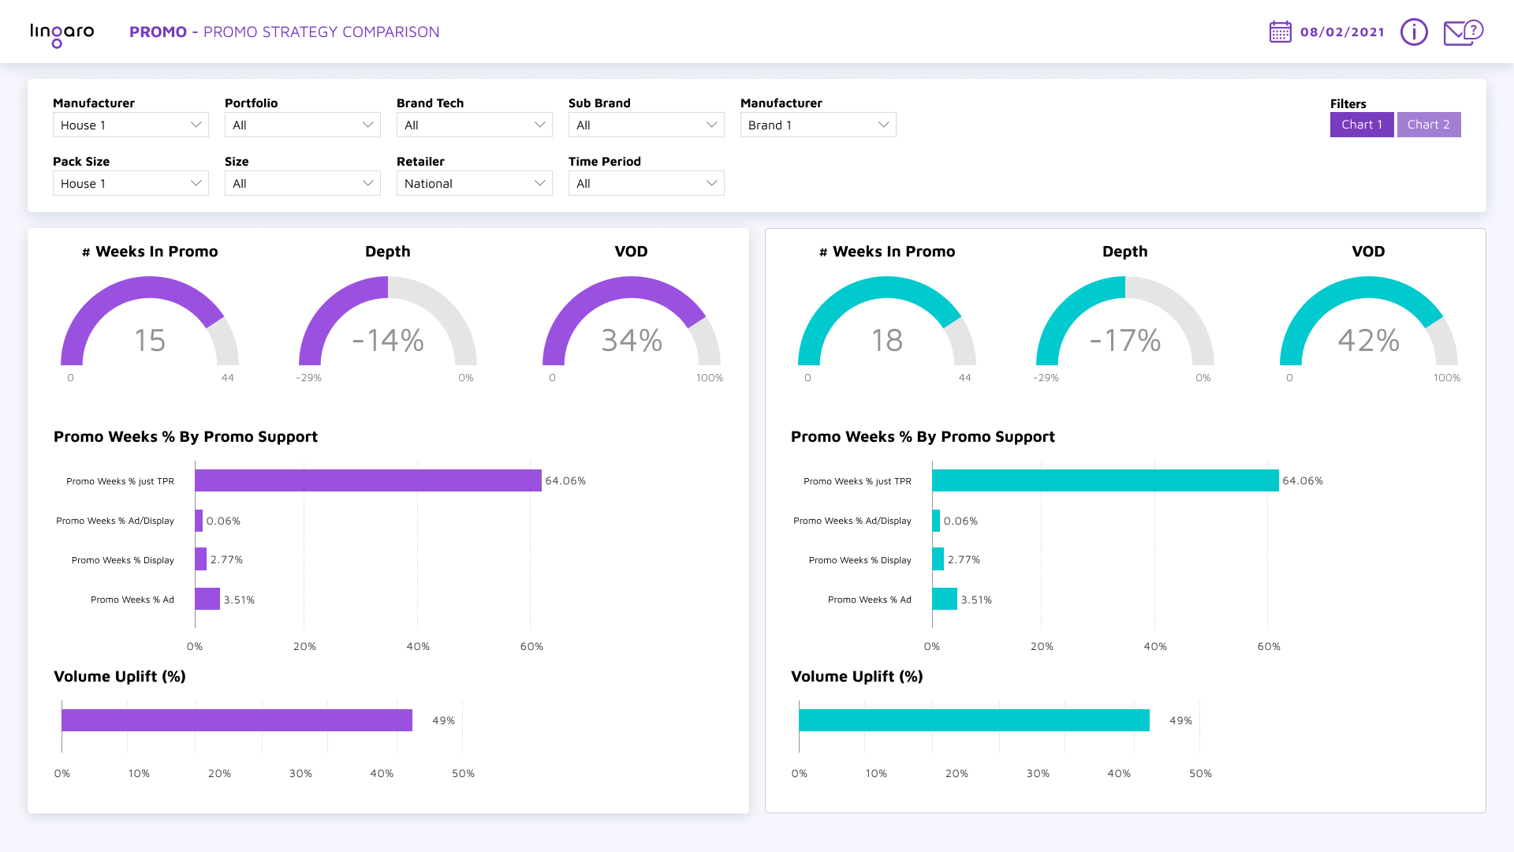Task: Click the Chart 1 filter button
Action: (1361, 125)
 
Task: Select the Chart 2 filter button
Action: (1428, 125)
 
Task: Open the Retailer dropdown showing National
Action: (474, 183)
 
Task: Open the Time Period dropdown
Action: (646, 183)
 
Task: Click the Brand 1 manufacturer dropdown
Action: (818, 125)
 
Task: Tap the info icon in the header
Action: (1413, 32)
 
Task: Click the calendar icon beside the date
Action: (1280, 32)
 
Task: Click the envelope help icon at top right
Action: (1462, 32)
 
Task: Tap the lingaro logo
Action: (62, 33)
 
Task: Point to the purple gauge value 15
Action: (150, 340)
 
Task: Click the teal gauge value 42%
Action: (1368, 340)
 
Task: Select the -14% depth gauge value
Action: (388, 340)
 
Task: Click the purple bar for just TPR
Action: (367, 480)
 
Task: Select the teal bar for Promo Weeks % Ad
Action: (944, 599)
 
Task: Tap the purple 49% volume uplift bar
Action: (237, 720)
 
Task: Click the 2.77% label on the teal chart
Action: (964, 559)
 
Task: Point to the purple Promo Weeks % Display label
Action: (122, 560)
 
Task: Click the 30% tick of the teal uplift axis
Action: (1038, 773)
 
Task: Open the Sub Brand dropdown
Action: (646, 125)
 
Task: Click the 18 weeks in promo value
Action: (886, 340)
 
